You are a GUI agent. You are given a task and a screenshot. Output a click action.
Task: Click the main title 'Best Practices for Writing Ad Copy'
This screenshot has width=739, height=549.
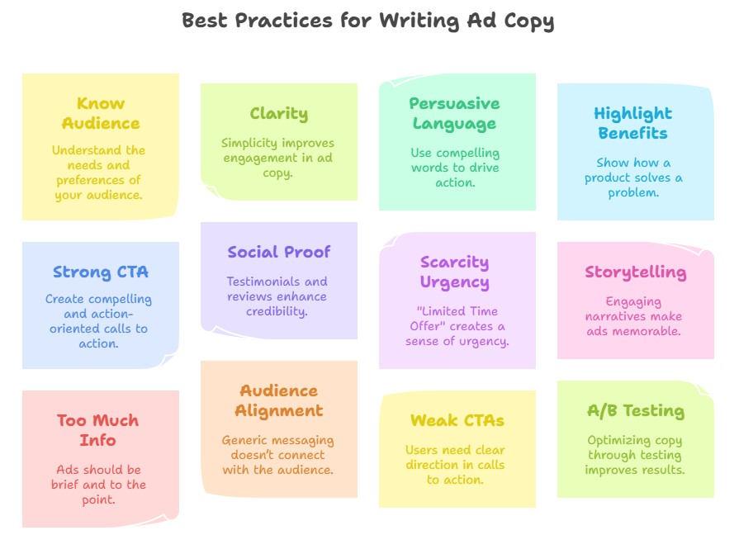coord(368,21)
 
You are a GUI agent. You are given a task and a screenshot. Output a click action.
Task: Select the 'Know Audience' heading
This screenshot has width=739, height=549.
coord(101,113)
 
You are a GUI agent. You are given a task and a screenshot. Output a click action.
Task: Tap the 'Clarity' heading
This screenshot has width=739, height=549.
coord(279,114)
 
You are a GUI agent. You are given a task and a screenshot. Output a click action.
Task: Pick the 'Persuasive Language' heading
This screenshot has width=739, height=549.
coord(454,113)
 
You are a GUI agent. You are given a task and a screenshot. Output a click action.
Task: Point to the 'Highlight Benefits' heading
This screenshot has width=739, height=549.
coord(633,123)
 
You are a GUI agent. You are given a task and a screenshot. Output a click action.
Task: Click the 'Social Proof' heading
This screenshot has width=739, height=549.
coord(279,252)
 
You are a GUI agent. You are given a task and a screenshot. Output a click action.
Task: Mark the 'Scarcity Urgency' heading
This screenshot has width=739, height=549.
coord(454,272)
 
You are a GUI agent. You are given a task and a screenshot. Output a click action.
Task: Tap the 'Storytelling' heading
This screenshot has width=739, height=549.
coord(636,272)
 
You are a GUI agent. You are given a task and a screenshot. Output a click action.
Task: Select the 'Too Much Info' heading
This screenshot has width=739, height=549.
coord(98,430)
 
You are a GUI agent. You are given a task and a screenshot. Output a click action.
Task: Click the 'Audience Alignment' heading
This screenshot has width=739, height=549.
coord(279,400)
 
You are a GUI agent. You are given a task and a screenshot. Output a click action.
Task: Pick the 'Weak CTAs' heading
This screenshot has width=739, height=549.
coord(457,421)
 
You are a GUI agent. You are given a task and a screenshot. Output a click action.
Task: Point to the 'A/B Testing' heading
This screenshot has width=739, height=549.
coord(636,411)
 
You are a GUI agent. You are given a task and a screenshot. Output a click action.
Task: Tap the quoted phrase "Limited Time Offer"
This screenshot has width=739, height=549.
coord(455,319)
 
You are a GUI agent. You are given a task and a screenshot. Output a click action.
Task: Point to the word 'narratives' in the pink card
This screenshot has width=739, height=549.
coord(615,317)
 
